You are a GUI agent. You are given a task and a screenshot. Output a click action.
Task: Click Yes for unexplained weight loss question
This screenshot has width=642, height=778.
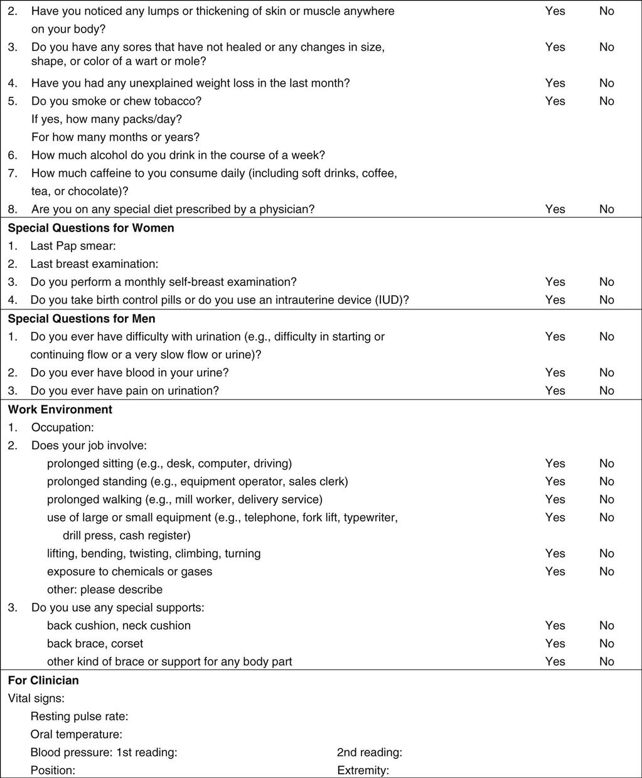pyautogui.click(x=555, y=83)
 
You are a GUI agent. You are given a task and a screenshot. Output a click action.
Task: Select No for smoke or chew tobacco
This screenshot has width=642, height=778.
pyautogui.click(x=606, y=101)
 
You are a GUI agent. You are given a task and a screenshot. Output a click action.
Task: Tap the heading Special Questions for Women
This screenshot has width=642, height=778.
pyautogui.click(x=91, y=228)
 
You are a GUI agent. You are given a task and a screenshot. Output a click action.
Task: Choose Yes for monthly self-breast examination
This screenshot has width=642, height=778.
pyautogui.click(x=555, y=282)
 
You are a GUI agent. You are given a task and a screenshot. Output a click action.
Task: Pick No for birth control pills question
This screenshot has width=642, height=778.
pyautogui.click(x=606, y=300)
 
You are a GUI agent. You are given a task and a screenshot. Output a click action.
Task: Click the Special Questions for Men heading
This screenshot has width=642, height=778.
pyautogui.click(x=82, y=318)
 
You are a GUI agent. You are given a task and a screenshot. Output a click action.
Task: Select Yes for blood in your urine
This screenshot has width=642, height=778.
pyautogui.click(x=555, y=373)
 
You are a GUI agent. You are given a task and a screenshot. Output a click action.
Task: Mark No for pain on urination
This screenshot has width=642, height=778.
pyautogui.click(x=606, y=390)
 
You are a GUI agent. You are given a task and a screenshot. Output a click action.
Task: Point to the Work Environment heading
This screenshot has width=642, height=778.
pyautogui.click(x=60, y=409)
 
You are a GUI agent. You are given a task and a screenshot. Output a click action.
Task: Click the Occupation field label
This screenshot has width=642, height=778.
pyautogui.click(x=62, y=427)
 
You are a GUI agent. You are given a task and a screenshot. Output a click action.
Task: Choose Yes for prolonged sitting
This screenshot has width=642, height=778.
pyautogui.click(x=555, y=463)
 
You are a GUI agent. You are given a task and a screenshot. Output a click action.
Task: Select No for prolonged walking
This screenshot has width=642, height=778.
pyautogui.click(x=606, y=499)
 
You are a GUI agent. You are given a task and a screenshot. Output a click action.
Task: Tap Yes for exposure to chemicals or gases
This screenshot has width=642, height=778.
pyautogui.click(x=555, y=572)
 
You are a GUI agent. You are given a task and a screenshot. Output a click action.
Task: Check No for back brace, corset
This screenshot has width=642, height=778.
pyautogui.click(x=606, y=643)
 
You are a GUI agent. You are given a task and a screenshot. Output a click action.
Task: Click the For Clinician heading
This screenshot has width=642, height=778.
pyautogui.click(x=43, y=680)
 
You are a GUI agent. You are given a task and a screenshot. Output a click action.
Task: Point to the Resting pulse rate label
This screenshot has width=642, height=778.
pyautogui.click(x=79, y=716)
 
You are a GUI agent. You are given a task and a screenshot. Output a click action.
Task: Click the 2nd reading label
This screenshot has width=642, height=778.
pyautogui.click(x=369, y=752)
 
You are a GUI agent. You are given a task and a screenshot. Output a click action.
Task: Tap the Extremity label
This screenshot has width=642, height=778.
pyautogui.click(x=363, y=770)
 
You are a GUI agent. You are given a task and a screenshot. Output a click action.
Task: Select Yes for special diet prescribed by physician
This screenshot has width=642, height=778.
pyautogui.click(x=555, y=209)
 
